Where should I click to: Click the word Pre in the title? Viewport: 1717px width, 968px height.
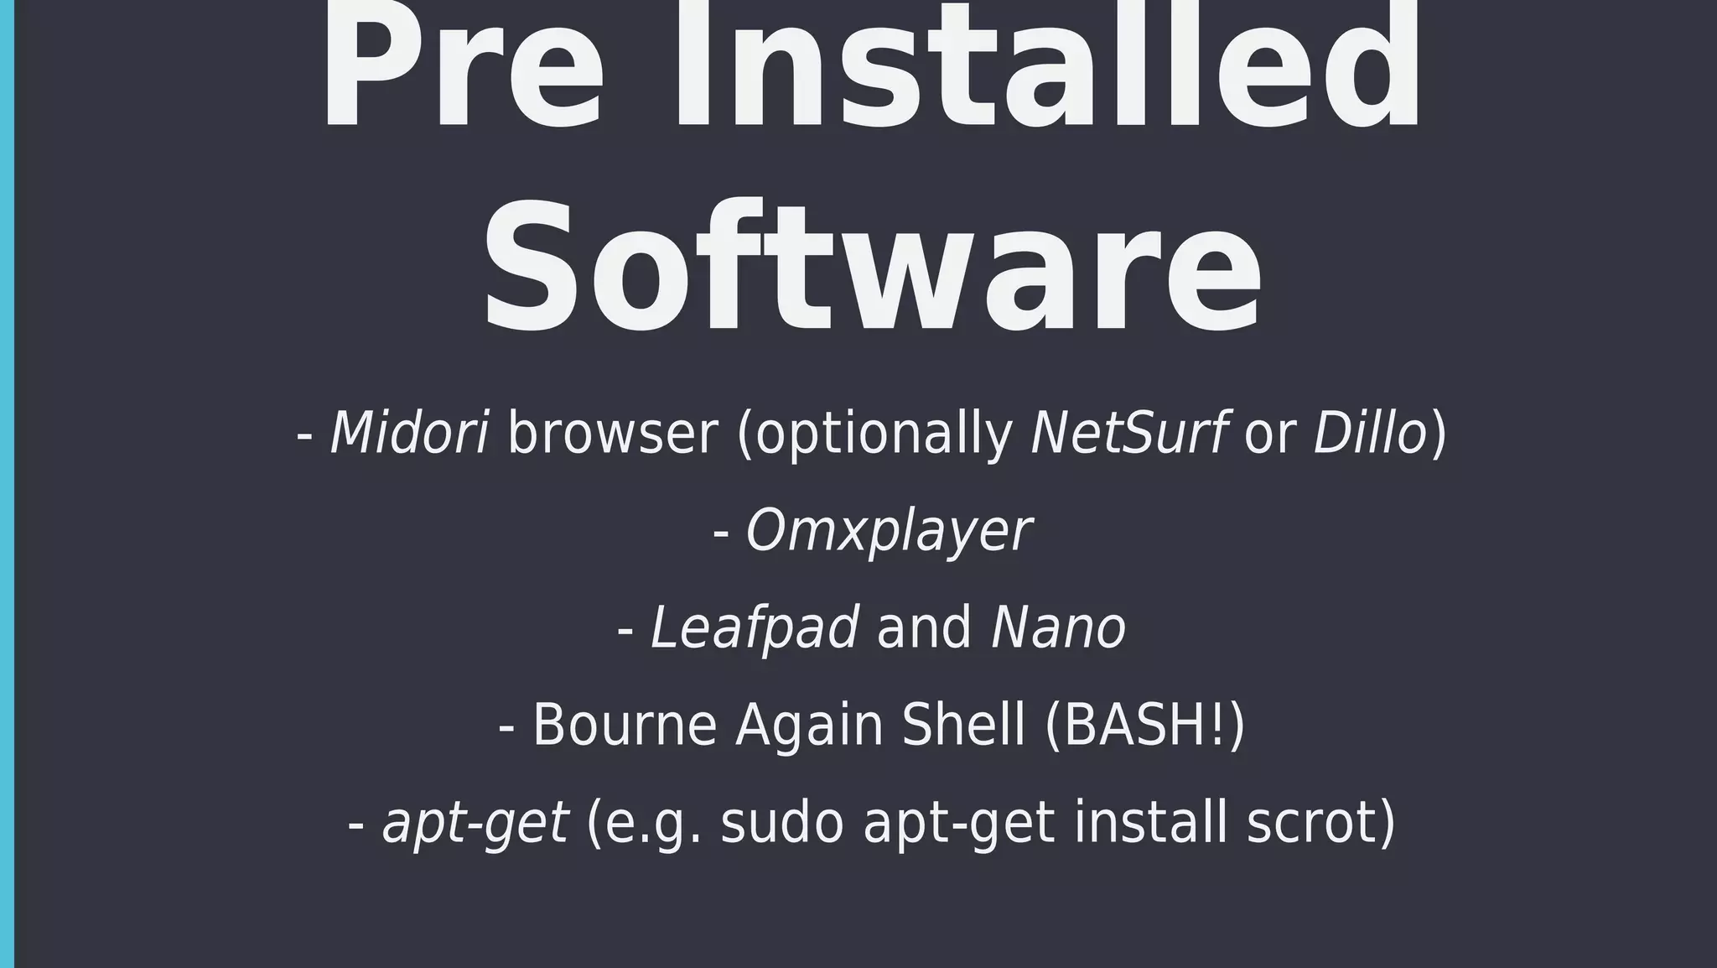point(462,71)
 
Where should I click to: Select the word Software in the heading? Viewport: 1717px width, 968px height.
point(872,268)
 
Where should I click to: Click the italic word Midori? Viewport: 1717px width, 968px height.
point(409,434)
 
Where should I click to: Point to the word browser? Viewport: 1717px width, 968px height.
point(613,434)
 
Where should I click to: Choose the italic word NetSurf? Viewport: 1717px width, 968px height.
point(1129,434)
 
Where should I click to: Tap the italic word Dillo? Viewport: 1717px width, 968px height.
point(1370,434)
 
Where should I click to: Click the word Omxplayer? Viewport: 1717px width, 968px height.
point(889,532)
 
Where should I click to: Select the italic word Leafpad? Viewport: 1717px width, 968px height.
point(755,628)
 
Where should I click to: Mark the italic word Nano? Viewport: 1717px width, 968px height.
point(1058,628)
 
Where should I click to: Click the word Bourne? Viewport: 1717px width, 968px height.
point(625,725)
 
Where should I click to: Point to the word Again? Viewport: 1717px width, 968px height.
point(809,725)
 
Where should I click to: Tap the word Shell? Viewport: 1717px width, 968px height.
point(963,725)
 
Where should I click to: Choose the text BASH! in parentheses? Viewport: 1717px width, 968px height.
point(1145,725)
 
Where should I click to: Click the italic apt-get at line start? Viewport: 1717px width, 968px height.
point(475,823)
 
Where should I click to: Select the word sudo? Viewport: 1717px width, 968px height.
point(781,823)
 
